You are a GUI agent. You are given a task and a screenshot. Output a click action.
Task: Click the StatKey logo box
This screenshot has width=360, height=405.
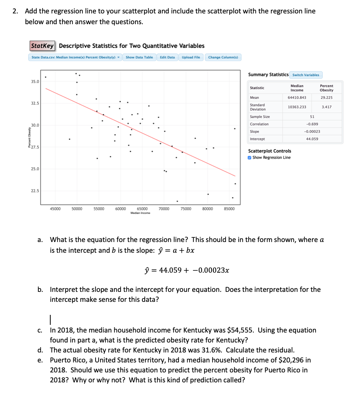pyautogui.click(x=43, y=46)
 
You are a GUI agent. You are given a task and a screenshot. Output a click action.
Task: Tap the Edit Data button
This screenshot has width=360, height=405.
pyautogui.click(x=167, y=58)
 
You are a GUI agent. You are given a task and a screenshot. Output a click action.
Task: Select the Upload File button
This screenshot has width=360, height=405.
pyautogui.click(x=191, y=58)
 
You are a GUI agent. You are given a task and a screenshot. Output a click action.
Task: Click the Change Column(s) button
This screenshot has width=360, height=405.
pyautogui.click(x=223, y=58)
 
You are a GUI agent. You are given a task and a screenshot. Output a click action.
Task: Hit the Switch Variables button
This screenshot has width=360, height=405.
pyautogui.click(x=306, y=75)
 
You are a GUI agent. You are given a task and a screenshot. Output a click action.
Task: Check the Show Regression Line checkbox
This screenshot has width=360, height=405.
pyautogui.click(x=250, y=158)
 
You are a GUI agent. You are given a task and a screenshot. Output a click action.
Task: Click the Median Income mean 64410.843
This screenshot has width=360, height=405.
pyautogui.click(x=297, y=97)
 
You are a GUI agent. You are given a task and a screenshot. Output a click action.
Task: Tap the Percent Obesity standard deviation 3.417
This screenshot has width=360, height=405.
pyautogui.click(x=326, y=107)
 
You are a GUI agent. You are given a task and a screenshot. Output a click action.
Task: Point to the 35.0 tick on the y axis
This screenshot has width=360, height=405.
pyautogui.click(x=35, y=82)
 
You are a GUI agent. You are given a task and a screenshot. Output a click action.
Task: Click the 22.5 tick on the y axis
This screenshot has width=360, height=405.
pyautogui.click(x=35, y=191)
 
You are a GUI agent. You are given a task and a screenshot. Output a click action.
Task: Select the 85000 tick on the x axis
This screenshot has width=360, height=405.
pyautogui.click(x=230, y=209)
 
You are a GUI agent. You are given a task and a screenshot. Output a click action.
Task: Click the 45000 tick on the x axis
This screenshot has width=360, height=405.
pyautogui.click(x=55, y=209)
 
